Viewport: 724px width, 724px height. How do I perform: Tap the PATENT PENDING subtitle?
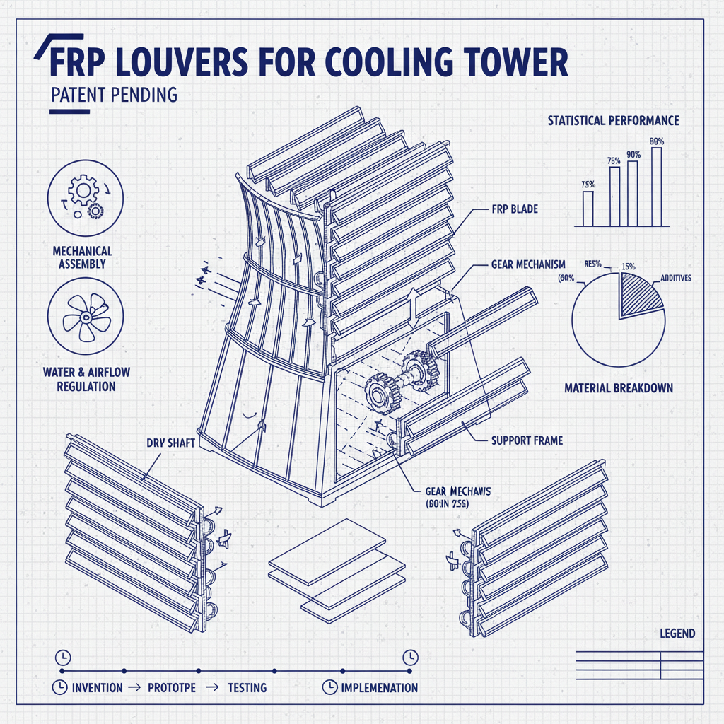pos(114,94)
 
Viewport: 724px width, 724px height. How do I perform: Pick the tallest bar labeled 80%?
pos(657,187)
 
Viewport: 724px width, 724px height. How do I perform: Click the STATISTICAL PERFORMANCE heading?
pos(613,121)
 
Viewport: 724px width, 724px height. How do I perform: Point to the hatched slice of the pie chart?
pos(639,293)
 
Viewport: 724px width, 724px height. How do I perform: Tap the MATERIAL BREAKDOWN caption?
pos(618,388)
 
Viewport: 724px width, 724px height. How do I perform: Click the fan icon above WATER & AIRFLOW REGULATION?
pos(84,315)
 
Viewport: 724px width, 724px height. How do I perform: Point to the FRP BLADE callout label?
pos(514,209)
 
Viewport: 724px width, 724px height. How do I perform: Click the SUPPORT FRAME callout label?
pos(527,440)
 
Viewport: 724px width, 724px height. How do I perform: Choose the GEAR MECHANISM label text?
pos(527,264)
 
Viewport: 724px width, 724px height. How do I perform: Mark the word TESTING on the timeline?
pos(247,687)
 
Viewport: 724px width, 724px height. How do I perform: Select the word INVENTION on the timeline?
pos(97,687)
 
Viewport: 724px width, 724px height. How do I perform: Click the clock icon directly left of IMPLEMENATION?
pos(328,687)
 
